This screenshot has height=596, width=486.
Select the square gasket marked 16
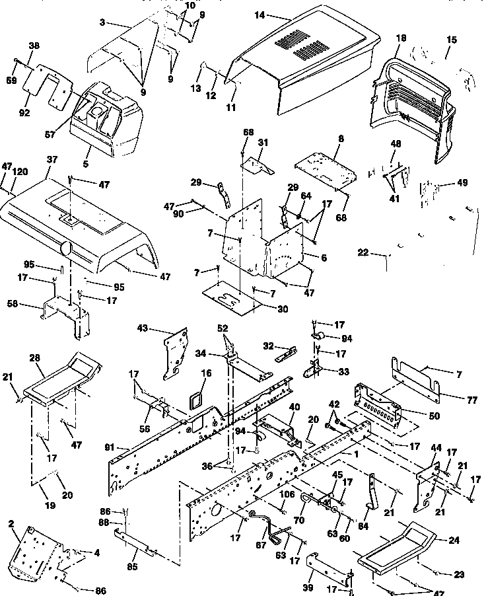click(195, 402)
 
